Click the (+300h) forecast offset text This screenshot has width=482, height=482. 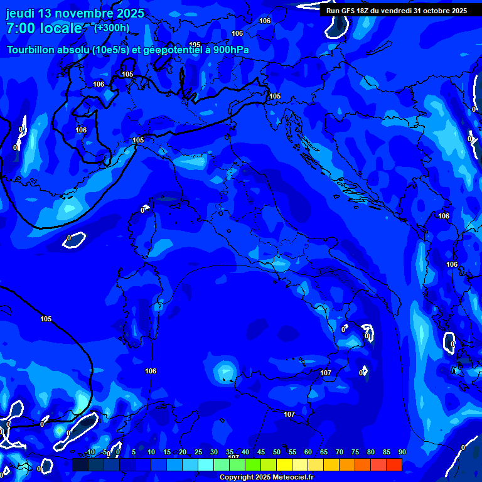point(112,28)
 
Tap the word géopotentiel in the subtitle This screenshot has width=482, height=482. point(173,50)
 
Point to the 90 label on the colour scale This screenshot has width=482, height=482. point(402,453)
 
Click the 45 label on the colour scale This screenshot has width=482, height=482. point(260,453)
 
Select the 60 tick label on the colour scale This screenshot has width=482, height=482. point(308,453)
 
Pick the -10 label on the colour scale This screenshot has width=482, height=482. point(91,453)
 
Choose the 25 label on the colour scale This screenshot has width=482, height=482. point(198,453)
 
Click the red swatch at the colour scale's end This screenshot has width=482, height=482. point(394,464)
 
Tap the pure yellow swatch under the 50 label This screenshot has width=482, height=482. point(284,464)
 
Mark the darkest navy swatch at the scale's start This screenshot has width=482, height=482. point(80,464)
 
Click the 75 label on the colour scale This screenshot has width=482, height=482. point(355,453)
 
